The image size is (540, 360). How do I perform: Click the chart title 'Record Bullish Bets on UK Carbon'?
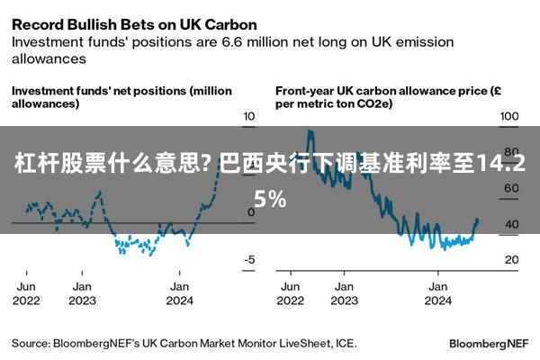click(134, 25)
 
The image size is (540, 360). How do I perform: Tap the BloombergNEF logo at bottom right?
click(489, 344)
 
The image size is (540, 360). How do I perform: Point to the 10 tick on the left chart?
click(248, 116)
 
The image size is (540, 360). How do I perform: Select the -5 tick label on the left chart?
click(249, 259)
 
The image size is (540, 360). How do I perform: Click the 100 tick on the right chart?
click(509, 116)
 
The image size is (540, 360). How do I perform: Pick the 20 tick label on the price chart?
click(512, 259)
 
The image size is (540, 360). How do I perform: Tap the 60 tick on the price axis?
click(512, 188)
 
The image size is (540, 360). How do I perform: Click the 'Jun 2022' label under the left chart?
click(26, 293)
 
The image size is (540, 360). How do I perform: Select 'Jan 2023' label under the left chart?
click(82, 293)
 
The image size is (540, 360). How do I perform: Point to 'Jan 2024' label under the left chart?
click(179, 293)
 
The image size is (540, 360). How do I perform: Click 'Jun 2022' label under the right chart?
click(291, 293)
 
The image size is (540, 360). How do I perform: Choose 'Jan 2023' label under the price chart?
click(345, 293)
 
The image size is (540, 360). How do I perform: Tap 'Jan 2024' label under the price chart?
click(438, 293)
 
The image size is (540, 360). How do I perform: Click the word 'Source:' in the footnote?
click(31, 344)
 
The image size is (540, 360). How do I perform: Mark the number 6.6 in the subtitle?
click(232, 42)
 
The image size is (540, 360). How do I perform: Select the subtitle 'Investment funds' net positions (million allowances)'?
click(121, 97)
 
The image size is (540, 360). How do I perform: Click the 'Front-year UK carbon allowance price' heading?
click(388, 97)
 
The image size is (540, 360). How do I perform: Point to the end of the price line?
click(477, 220)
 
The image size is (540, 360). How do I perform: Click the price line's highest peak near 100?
click(310, 131)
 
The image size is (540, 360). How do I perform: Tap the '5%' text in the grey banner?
click(270, 200)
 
